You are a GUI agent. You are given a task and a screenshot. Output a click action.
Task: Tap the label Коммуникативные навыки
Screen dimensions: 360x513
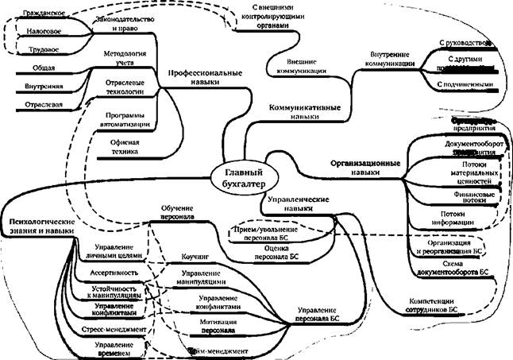point(305,110)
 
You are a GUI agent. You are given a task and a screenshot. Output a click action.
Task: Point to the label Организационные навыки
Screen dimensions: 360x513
point(365,165)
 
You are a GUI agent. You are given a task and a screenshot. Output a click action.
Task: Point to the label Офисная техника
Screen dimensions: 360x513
point(123,145)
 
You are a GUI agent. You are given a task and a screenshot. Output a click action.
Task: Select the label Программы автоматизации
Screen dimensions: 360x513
point(123,120)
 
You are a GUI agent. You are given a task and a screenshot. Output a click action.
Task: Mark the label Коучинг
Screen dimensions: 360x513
point(195,258)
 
